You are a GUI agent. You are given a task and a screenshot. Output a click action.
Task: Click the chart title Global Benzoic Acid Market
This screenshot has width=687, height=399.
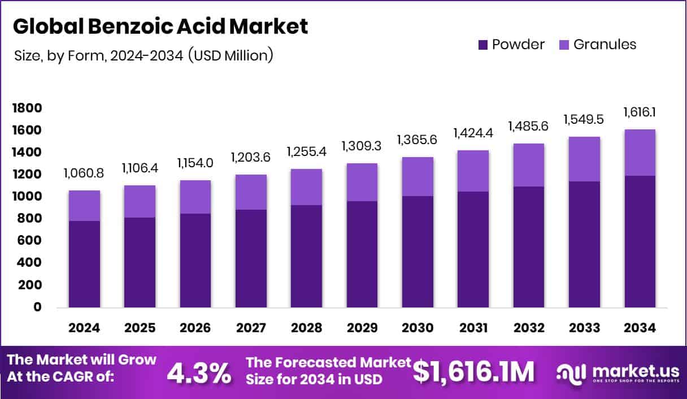(160, 27)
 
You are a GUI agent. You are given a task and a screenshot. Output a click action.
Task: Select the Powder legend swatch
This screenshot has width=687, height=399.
(483, 45)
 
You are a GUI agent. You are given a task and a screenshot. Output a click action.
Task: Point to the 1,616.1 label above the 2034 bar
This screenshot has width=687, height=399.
(640, 112)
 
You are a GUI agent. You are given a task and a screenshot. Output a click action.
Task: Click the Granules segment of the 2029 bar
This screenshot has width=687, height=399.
(362, 182)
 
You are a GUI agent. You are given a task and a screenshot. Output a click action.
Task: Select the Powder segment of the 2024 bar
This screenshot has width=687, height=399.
(84, 264)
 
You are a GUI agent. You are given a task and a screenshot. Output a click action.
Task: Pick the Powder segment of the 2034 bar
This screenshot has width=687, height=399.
(640, 241)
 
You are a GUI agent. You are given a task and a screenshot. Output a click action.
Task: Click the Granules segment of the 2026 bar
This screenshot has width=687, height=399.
(195, 197)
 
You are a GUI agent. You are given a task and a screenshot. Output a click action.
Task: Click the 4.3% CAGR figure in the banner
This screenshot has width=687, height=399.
(199, 372)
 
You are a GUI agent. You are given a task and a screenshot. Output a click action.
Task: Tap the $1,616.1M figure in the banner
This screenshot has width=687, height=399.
(473, 372)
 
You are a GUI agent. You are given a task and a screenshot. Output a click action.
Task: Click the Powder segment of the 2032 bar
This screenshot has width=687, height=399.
(529, 247)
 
